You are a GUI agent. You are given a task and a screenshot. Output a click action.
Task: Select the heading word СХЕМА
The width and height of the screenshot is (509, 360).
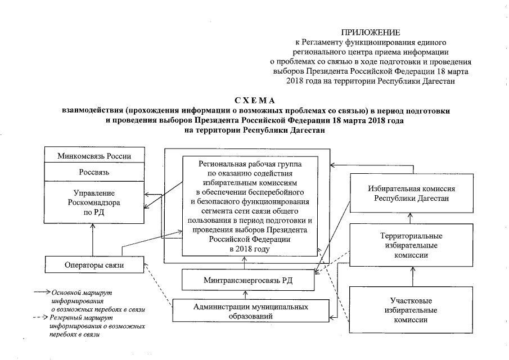[x=255, y=101]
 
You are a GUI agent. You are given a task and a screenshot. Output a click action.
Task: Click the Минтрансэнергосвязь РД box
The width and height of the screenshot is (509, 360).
[x=244, y=280]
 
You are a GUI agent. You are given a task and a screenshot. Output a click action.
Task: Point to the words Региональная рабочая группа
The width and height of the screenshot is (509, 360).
[x=250, y=164]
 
